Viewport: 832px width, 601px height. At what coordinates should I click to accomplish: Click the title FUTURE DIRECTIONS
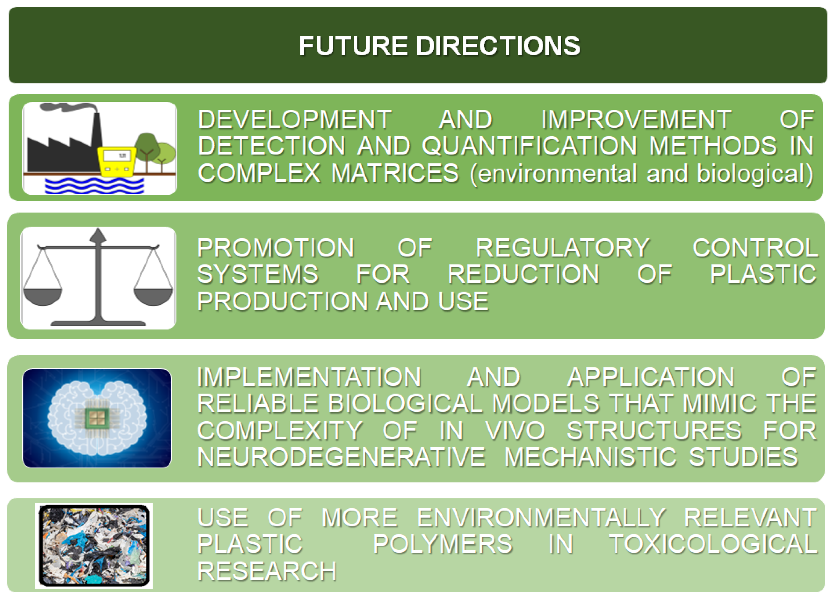click(439, 46)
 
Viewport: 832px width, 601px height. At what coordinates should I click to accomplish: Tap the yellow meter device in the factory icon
click(117, 162)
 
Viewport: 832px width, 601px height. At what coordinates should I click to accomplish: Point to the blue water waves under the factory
click(94, 185)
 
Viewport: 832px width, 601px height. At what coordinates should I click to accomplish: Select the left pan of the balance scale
click(43, 297)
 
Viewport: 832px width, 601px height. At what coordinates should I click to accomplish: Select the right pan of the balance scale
click(153, 297)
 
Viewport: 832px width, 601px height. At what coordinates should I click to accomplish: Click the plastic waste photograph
click(94, 546)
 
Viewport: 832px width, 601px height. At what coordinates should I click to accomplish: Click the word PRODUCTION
click(282, 301)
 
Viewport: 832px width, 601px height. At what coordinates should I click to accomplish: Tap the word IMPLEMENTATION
click(309, 377)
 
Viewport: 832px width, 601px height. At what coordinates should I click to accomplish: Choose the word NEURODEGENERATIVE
click(341, 457)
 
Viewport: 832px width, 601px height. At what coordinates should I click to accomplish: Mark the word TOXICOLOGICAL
click(713, 544)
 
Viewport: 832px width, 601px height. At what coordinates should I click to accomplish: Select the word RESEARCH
click(267, 571)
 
